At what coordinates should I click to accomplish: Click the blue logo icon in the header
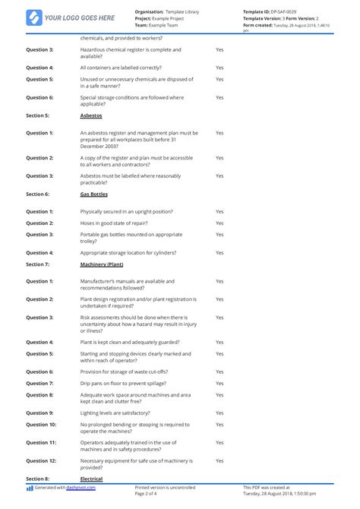click(x=34, y=17)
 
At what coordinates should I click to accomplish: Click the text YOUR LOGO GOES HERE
click(x=80, y=17)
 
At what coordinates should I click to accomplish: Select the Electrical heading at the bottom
click(x=92, y=479)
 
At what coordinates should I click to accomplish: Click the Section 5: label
click(x=37, y=115)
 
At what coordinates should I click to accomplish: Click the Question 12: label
click(x=41, y=460)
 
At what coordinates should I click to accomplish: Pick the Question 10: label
click(x=41, y=424)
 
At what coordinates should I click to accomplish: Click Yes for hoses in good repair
click(x=219, y=223)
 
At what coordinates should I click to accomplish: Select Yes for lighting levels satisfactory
click(x=219, y=413)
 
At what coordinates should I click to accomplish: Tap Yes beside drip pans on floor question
click(x=219, y=383)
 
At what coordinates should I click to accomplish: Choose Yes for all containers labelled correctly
click(x=219, y=67)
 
